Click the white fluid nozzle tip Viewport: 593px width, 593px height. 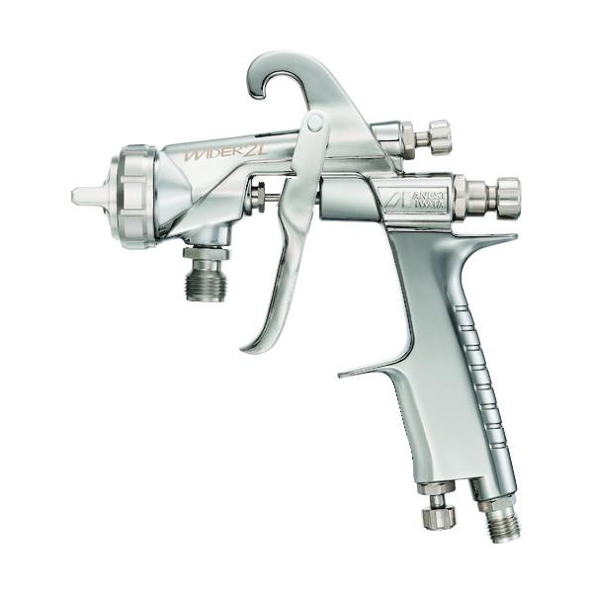(85, 195)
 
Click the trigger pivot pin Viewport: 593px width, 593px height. (316, 123)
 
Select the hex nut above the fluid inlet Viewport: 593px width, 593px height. (206, 253)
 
